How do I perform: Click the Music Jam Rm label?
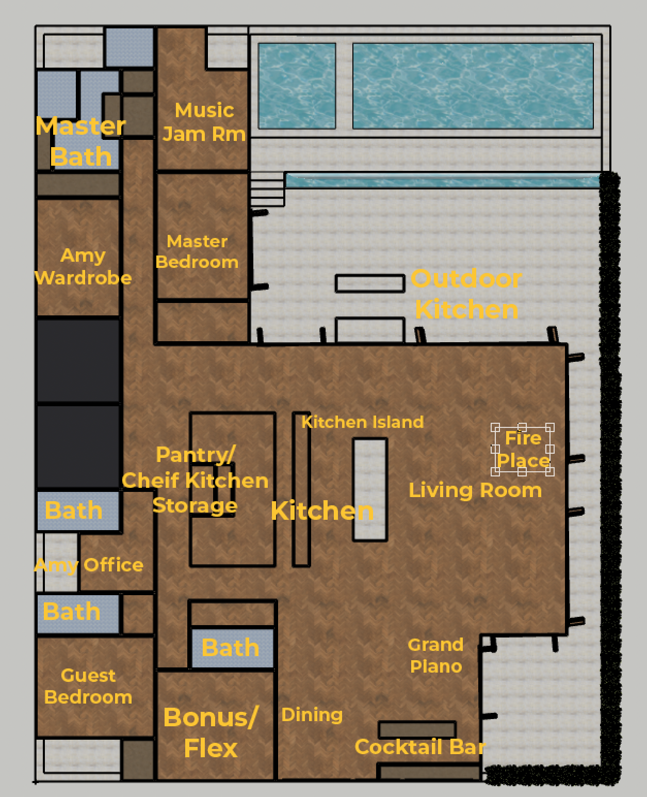coord(204,122)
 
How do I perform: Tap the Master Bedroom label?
coord(197,251)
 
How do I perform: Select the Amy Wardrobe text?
coord(83,267)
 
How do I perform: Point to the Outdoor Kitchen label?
coord(466,294)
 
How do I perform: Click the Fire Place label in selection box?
coord(523,449)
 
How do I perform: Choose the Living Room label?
coord(475,490)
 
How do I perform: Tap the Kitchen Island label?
coord(362,422)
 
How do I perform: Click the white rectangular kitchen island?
coord(370,490)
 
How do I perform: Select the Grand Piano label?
coord(435,656)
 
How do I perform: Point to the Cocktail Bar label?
coord(420,747)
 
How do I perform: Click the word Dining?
coord(312,715)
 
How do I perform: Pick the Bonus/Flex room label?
coord(211,732)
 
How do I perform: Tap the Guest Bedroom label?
coord(88,686)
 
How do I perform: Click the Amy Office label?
coord(89,565)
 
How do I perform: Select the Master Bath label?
coord(81,141)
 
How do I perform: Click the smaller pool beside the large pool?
coord(297,86)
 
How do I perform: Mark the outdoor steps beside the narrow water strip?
coord(267,189)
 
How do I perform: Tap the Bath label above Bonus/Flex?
coord(231,648)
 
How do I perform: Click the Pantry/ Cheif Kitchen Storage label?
coord(195,480)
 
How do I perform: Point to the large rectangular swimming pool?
coord(473,86)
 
